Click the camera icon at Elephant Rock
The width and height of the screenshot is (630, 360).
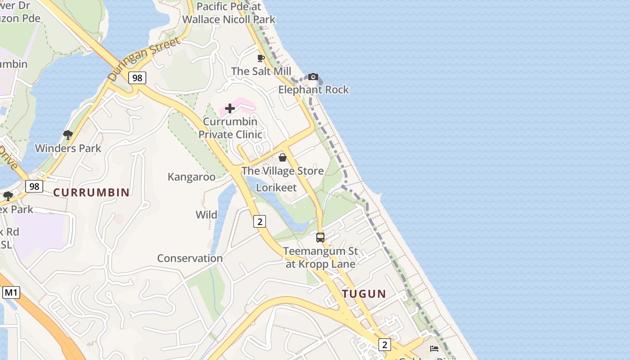pos(313,77)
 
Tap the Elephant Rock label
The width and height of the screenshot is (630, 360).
pos(313,90)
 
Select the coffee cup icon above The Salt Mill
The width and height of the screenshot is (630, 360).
pos(261,58)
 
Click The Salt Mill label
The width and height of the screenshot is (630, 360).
pos(261,71)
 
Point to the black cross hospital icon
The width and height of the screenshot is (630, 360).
pos(230,108)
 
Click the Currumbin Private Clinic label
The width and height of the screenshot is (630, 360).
pos(230,128)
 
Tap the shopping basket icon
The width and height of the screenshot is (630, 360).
pos(283,157)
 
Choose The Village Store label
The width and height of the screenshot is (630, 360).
pos(283,171)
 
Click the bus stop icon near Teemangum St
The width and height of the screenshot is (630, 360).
pos(320,238)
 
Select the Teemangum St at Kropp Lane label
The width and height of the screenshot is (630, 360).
pos(321,257)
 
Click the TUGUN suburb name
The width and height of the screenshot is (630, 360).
pos(364,294)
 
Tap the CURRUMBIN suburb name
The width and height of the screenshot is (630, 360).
pos(91,193)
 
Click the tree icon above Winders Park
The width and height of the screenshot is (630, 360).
pos(68,135)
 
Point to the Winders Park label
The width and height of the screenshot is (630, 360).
pos(68,148)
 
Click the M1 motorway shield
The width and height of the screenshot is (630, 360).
pos(11,293)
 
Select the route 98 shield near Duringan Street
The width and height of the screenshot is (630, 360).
pos(137,78)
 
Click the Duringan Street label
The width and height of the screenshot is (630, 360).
pos(144,60)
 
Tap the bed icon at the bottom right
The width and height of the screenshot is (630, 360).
pos(434,348)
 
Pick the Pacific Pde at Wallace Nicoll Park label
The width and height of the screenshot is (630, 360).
pos(229,13)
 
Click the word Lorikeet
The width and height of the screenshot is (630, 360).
pos(276,187)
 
